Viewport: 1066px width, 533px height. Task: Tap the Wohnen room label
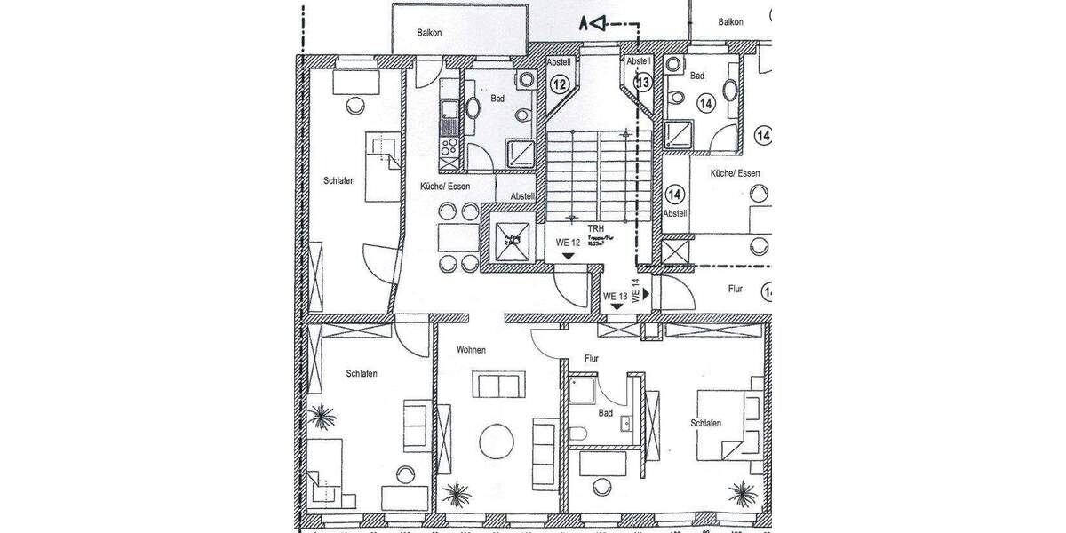point(471,350)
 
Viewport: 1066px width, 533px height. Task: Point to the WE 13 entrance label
point(616,296)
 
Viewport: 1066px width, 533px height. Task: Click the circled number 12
point(560,85)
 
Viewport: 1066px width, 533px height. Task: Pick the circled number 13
point(643,83)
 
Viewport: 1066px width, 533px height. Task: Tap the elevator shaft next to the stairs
point(506,237)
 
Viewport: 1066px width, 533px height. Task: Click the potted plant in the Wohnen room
point(459,491)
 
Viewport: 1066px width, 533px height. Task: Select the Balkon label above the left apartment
point(430,33)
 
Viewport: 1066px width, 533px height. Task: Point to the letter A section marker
point(584,24)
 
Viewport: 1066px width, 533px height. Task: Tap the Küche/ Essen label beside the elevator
point(445,187)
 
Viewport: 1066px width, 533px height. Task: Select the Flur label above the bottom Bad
point(591,359)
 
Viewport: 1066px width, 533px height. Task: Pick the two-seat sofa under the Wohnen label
point(498,386)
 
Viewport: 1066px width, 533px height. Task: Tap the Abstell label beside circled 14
point(675,213)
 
